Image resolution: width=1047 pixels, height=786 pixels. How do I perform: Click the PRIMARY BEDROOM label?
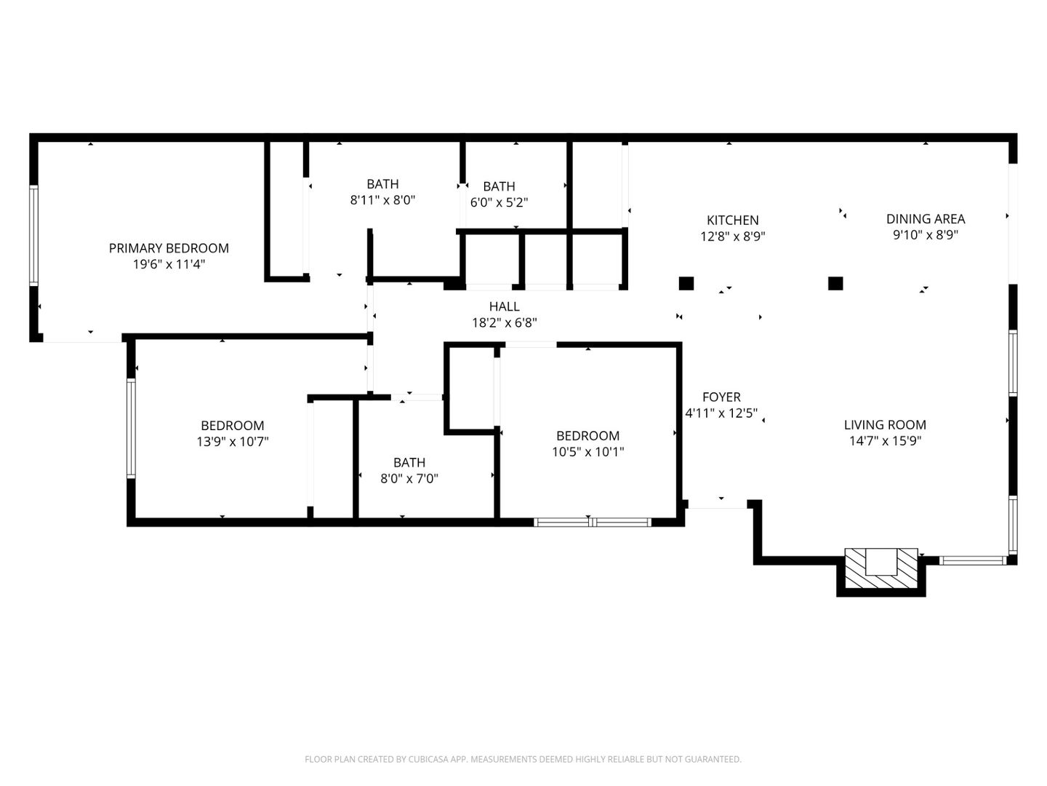(169, 248)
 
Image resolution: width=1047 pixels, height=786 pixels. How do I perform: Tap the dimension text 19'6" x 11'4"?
(169, 264)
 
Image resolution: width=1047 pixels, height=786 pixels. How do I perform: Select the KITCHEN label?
(732, 220)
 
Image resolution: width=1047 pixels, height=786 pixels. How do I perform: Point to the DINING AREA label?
(925, 218)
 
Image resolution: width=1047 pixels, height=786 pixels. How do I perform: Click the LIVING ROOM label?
(885, 424)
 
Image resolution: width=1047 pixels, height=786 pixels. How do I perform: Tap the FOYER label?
(721, 397)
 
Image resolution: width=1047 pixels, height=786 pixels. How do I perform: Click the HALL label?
(504, 306)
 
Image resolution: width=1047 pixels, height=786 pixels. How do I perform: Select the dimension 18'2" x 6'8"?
(504, 322)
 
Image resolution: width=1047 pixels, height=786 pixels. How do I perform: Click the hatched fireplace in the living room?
(880, 569)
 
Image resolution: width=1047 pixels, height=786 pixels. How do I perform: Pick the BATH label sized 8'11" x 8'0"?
(382, 184)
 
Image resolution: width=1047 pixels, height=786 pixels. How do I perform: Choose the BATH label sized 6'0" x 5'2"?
(499, 186)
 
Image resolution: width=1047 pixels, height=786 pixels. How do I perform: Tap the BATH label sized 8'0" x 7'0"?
(409, 462)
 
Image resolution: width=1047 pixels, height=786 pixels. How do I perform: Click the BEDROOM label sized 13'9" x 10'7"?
(233, 425)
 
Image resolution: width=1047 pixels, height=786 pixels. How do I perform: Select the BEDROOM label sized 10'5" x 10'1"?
(587, 435)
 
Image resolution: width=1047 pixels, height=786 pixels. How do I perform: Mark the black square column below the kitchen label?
(686, 283)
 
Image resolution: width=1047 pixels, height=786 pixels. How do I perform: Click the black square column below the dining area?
(835, 283)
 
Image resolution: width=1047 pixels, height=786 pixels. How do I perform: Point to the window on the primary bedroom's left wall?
(33, 235)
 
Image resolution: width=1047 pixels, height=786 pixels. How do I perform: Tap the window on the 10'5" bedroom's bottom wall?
(592, 522)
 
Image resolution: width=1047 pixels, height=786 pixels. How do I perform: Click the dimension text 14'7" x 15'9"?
(885, 440)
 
